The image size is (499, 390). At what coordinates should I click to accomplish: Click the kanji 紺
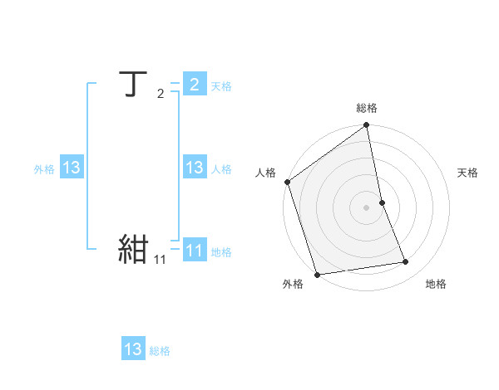(x=134, y=248)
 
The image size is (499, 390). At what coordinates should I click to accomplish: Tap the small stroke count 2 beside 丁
(x=160, y=94)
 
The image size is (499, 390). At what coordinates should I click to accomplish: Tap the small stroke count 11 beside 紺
(x=160, y=260)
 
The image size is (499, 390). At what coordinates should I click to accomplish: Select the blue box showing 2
(x=194, y=85)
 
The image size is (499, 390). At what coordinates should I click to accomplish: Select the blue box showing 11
(x=194, y=250)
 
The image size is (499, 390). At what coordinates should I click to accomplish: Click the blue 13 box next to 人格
(x=194, y=168)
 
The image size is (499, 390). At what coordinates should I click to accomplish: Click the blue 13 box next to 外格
(x=71, y=168)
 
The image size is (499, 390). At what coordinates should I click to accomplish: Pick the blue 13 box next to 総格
(x=133, y=349)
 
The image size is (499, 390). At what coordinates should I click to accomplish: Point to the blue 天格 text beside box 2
(x=220, y=86)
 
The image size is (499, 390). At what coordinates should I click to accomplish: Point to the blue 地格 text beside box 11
(x=221, y=251)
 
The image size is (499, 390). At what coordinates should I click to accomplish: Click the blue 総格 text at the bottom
(x=160, y=351)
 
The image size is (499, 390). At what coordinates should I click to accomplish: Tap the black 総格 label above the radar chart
(x=367, y=108)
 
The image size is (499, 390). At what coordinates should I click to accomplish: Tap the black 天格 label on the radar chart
(x=467, y=173)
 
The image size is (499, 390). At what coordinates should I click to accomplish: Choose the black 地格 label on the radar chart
(x=436, y=284)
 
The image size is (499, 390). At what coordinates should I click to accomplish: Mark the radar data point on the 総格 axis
(x=367, y=126)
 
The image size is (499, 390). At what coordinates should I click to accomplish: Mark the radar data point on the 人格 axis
(x=288, y=182)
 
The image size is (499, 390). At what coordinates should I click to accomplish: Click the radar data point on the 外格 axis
(x=317, y=274)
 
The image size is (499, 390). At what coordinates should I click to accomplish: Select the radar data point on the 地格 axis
(x=405, y=262)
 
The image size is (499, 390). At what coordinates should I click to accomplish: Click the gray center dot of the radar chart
(x=367, y=207)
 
